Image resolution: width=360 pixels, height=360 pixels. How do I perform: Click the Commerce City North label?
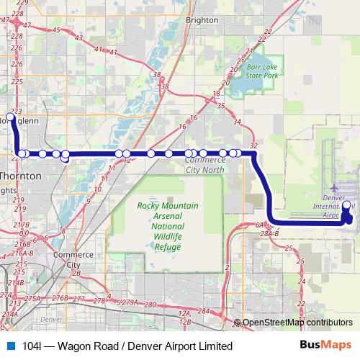199,165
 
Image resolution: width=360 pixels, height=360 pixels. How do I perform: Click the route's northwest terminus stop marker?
10,117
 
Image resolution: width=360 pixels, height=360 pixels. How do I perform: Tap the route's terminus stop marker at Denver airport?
346,206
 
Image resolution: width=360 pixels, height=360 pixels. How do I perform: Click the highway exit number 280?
150,305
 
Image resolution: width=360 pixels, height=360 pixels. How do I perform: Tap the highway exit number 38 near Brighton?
165,86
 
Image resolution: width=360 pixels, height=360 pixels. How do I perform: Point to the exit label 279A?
130,302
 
